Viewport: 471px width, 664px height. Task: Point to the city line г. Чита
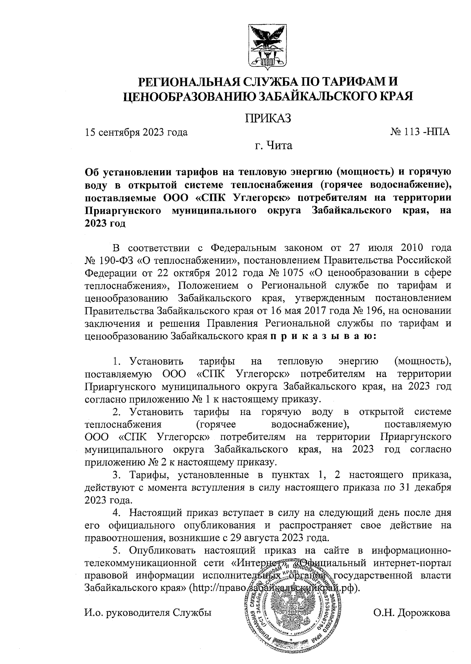(274, 146)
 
